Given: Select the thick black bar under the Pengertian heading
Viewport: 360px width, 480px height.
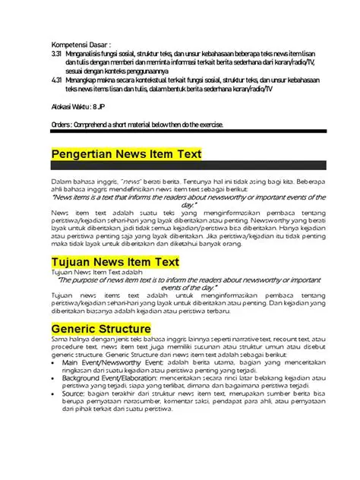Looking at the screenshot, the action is pos(188,166).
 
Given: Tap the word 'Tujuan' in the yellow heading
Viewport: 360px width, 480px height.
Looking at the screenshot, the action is pos(71,262).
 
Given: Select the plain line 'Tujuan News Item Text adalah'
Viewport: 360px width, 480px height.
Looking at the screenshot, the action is pos(96,272).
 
